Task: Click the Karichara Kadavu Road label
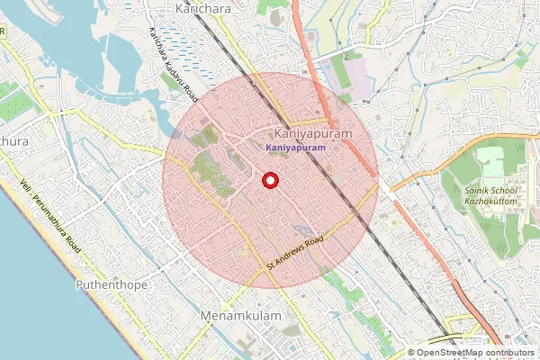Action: coord(172,61)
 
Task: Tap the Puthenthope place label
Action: coord(108,283)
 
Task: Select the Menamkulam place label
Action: coord(241,317)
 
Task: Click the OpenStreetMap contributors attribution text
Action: coord(472,353)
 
